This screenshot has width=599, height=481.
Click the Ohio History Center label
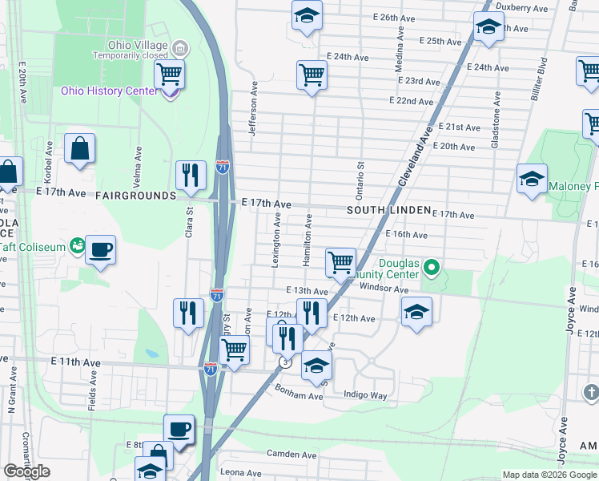click(x=110, y=91)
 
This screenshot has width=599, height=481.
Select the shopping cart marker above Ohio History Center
click(x=169, y=75)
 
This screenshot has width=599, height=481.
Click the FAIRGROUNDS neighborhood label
click(x=135, y=196)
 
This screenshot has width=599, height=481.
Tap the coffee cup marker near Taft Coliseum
click(x=100, y=249)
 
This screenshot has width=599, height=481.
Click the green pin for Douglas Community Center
click(x=433, y=266)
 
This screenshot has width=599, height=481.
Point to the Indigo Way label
click(x=365, y=395)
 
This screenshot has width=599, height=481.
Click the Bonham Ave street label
click(x=298, y=395)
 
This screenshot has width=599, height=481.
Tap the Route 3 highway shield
click(x=284, y=362)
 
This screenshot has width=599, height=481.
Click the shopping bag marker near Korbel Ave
click(x=80, y=149)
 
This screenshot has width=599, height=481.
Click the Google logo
click(x=27, y=471)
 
